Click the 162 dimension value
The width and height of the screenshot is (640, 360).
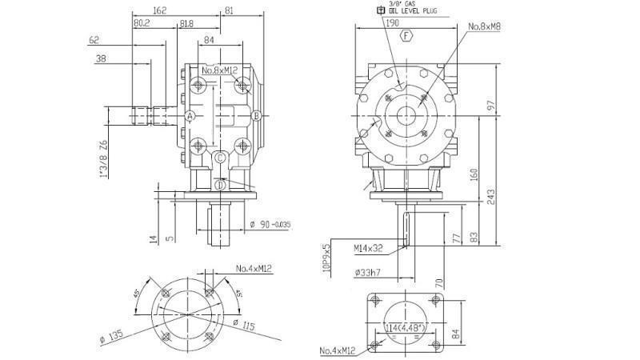click(158, 11)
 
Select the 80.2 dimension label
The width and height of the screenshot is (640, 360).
click(142, 24)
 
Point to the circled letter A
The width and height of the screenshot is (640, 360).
click(190, 116)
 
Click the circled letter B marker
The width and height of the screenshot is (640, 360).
click(257, 116)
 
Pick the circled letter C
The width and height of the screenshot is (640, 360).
click(219, 158)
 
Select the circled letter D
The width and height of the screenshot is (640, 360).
click(219, 185)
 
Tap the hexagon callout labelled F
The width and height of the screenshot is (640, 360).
click(406, 36)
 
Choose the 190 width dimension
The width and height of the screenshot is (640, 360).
click(392, 24)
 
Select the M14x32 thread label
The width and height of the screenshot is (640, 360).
click(370, 249)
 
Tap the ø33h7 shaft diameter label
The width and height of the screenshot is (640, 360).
click(368, 274)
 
